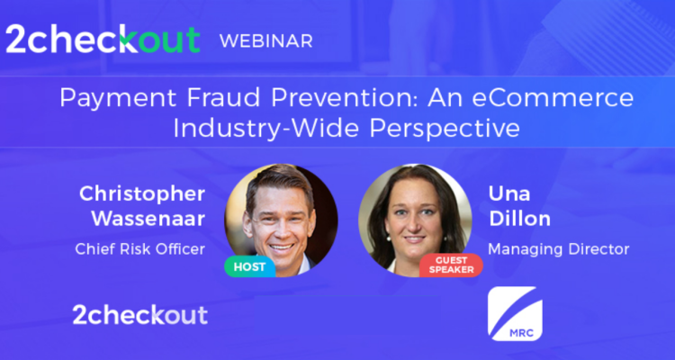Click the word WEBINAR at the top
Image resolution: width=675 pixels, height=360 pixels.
point(266,40)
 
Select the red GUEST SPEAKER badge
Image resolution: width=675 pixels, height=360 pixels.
point(451,265)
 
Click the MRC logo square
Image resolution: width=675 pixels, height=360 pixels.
point(515,313)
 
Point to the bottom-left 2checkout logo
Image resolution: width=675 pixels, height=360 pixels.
point(139,314)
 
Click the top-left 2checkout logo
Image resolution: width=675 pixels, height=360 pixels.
point(103,39)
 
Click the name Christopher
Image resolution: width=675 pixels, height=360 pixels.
point(142,193)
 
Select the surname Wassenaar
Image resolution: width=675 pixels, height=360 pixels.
point(148,219)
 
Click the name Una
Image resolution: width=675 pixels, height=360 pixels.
point(508,193)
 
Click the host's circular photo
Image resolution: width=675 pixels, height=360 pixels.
point(280,218)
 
